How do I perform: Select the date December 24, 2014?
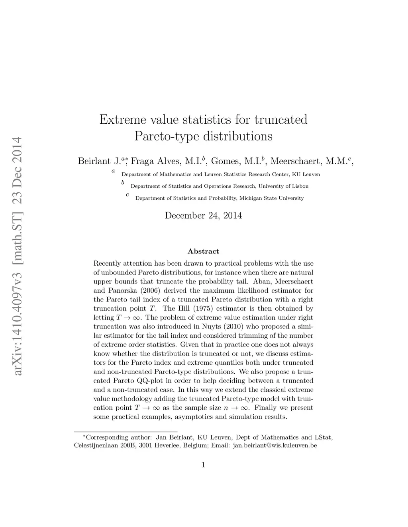point(203,216)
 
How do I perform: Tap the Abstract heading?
point(203,251)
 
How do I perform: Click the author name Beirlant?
point(94,161)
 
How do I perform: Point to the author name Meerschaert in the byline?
point(294,161)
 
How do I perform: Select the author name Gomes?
point(224,161)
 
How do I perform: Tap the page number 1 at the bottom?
point(204,465)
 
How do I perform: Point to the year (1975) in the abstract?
point(210,309)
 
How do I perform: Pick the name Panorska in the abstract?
point(121,291)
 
